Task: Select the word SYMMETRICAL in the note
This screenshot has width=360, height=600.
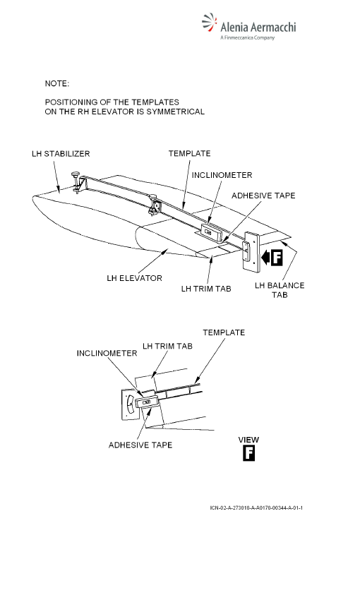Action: [175, 112]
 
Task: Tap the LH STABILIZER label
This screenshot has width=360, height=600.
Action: [61, 154]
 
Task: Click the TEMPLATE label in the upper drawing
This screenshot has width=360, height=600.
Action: [190, 153]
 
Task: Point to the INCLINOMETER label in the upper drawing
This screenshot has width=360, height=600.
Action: [222, 175]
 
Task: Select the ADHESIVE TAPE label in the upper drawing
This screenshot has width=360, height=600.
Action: [263, 196]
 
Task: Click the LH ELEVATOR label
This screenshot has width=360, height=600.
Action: [134, 278]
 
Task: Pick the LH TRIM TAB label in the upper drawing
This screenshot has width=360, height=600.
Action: [206, 289]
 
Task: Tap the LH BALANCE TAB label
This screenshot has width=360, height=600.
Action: [280, 290]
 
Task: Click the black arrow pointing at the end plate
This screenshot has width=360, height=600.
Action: [266, 257]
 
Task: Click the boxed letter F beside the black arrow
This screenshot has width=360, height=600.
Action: [277, 257]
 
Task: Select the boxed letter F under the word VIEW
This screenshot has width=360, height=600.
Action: [248, 454]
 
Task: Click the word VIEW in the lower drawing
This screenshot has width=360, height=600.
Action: [248, 440]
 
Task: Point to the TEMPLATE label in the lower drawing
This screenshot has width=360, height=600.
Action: [224, 332]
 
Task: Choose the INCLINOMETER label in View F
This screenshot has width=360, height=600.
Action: [107, 353]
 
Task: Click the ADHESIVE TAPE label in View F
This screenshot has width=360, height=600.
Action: [140, 445]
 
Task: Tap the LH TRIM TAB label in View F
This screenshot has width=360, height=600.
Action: [167, 347]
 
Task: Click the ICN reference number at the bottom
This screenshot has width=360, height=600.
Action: [256, 508]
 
